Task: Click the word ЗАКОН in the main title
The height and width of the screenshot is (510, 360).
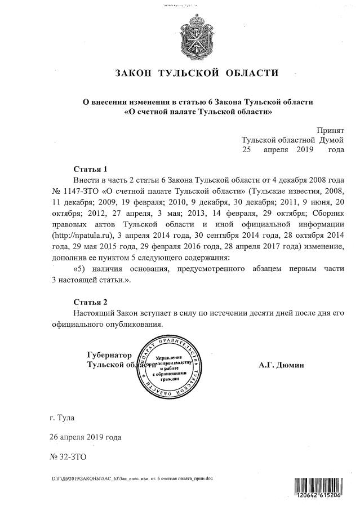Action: pyautogui.click(x=133, y=73)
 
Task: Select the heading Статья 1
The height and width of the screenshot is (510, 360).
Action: pyautogui.click(x=90, y=169)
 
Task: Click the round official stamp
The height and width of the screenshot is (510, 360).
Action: pyautogui.click(x=170, y=366)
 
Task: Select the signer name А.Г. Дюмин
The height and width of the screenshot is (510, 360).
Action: pyautogui.click(x=281, y=365)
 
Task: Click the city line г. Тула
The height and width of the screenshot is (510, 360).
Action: pyautogui.click(x=61, y=419)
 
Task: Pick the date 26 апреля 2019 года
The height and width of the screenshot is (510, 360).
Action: pyautogui.click(x=85, y=437)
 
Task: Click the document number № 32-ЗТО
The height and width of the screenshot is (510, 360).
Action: pyautogui.click(x=68, y=455)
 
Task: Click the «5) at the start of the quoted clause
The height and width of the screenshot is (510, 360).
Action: pyautogui.click(x=80, y=269)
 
